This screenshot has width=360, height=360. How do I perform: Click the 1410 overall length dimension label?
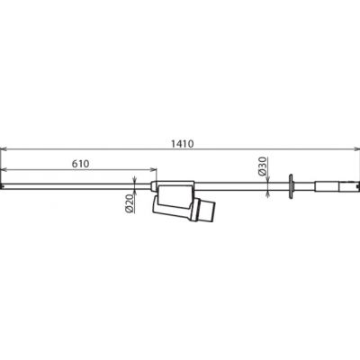(183, 144)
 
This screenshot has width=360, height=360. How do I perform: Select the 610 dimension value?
(80, 164)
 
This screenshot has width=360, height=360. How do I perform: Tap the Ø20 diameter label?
(130, 202)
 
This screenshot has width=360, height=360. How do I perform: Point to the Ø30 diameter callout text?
(262, 166)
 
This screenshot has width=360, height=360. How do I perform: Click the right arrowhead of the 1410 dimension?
(356, 148)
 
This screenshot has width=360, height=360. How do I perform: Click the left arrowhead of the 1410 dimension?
(4, 148)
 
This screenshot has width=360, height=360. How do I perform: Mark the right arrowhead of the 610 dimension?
(153, 170)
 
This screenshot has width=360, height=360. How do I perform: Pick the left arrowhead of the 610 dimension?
(4, 170)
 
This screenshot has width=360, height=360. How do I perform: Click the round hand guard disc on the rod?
(291, 186)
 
